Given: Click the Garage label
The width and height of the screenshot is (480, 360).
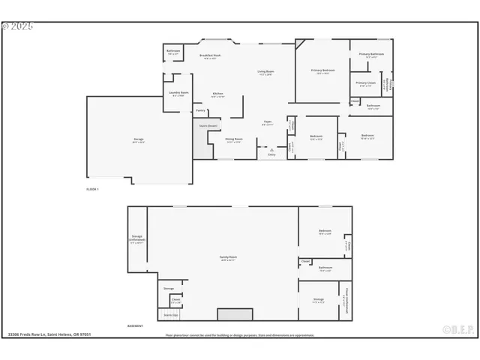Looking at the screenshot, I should [138, 140].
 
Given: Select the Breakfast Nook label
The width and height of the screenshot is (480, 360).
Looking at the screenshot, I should [210, 55].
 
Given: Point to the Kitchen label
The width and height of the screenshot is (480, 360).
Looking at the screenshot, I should [217, 94].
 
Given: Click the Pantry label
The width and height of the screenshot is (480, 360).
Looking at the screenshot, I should [200, 111].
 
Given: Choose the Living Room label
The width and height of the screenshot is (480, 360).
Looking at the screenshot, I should [266, 72].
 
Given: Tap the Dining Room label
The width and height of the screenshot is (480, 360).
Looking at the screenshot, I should [233, 139].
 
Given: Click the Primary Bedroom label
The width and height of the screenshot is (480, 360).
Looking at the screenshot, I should [323, 70].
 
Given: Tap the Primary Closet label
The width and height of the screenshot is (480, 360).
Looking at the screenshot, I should [365, 83].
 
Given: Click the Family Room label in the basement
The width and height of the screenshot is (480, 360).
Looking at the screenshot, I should [227, 258].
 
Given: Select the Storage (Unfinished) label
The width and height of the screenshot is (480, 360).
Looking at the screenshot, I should [137, 238].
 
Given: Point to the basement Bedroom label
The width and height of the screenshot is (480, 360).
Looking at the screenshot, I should [325, 231].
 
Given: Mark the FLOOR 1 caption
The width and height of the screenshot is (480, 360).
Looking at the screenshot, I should [93, 189].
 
